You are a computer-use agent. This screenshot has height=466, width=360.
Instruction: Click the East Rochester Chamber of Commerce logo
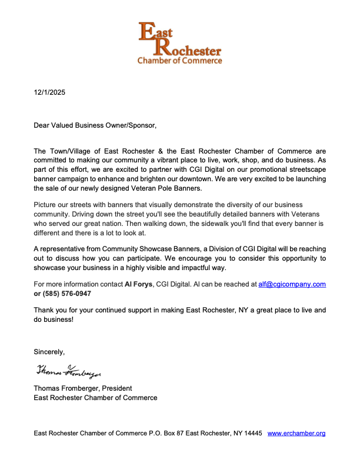coord(179,43)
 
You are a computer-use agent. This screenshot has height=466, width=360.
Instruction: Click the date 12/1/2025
coord(49,92)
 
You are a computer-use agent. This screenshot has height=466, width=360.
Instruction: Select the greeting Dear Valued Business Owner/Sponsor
coord(95,125)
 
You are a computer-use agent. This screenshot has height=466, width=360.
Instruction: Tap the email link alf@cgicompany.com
coord(292,284)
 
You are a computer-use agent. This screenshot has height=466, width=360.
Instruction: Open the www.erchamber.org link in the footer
coord(296,434)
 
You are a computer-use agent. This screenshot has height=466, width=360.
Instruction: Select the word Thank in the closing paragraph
coord(45,309)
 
